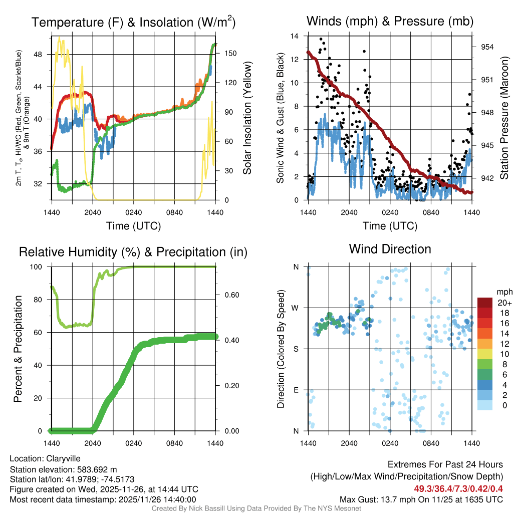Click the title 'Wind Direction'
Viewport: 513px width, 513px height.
click(x=390, y=249)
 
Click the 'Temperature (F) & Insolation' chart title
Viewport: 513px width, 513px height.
click(x=133, y=23)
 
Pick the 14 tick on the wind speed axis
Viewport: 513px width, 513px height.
click(x=295, y=36)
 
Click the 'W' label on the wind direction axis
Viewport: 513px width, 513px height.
click(x=296, y=308)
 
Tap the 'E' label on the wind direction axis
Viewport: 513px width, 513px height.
click(x=296, y=390)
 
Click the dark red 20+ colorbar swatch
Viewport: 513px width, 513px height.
click(x=484, y=303)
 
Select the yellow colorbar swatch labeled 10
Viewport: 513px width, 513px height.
click(x=484, y=354)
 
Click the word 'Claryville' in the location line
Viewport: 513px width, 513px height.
click(x=63, y=458)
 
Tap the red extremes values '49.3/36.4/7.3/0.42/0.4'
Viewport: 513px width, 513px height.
click(x=458, y=488)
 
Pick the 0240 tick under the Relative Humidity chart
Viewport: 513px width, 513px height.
click(x=133, y=443)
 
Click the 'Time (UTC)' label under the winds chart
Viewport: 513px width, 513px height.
click(x=390, y=226)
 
